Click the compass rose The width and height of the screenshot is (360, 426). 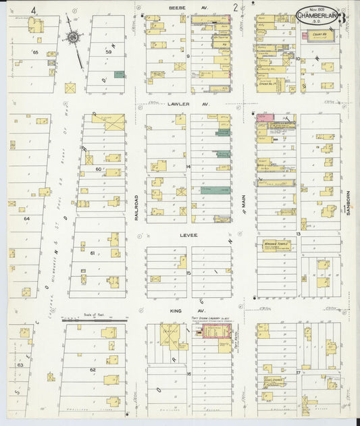pos(72,38)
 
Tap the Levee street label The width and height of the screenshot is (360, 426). pos(187,235)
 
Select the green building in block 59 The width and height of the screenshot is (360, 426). pos(119,74)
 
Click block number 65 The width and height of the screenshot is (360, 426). pos(35,52)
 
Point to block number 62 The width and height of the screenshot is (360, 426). pos(93,370)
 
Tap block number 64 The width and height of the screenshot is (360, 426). pos(27,219)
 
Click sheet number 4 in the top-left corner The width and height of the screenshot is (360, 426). pos(32,8)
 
